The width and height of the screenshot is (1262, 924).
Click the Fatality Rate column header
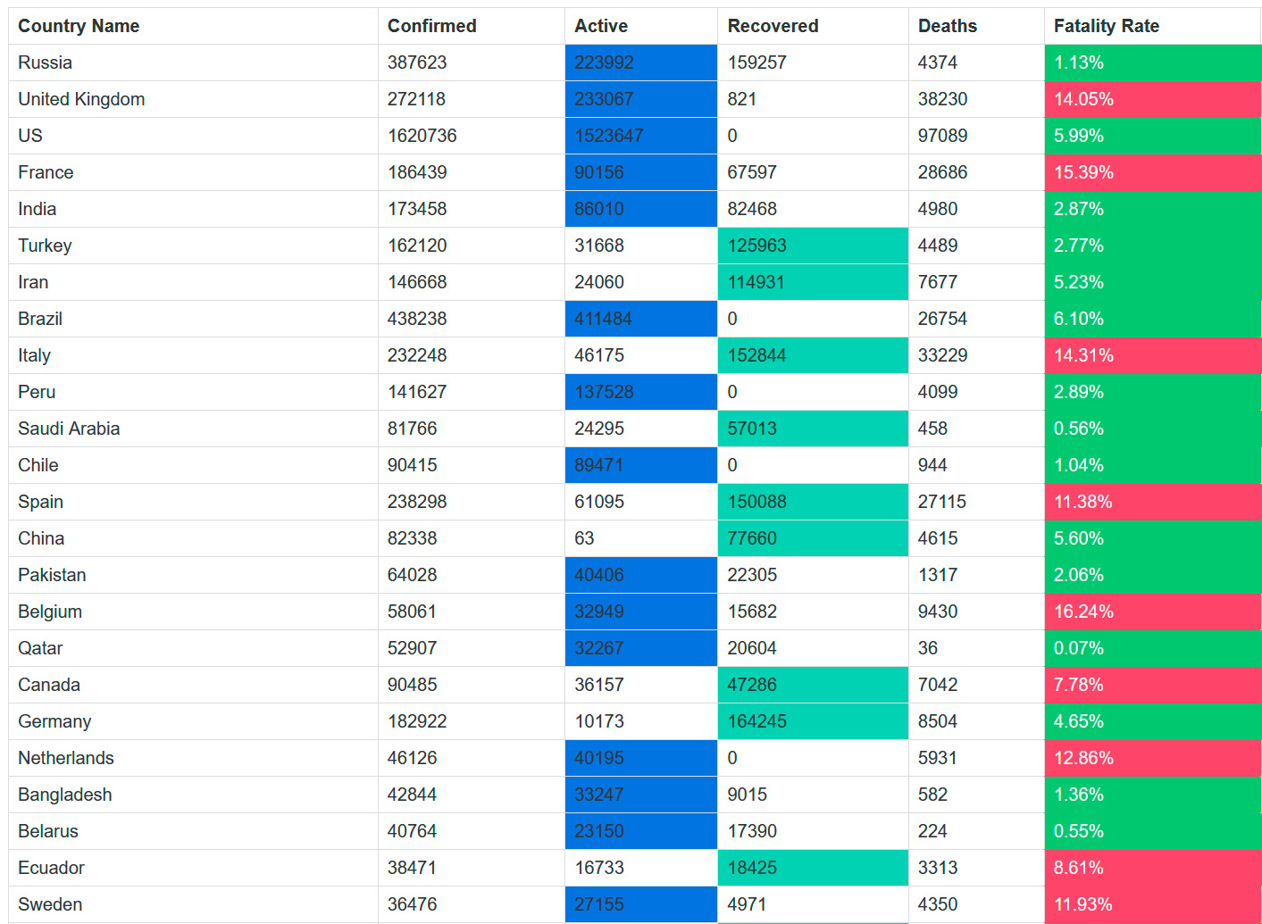point(1106,26)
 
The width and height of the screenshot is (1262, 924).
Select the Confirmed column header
point(431,26)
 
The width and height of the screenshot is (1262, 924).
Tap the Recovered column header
point(773,26)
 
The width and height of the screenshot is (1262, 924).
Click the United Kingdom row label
point(81,99)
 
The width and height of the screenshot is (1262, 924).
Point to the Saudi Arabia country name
point(69,429)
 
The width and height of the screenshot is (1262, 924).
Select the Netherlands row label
point(66,758)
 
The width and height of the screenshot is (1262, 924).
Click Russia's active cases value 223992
point(604,62)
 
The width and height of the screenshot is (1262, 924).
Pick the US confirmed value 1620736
point(422,136)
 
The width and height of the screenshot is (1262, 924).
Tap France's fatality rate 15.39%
point(1083,172)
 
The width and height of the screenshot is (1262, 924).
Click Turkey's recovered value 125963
point(756,246)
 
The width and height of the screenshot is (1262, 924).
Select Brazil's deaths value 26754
point(942,319)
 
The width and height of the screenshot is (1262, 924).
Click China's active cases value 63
point(584,538)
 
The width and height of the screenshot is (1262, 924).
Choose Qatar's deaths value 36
point(928,648)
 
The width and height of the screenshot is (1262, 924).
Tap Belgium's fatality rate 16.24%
point(1083,612)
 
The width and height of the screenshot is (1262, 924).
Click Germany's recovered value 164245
point(756,721)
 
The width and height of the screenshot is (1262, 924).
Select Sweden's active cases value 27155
point(598,904)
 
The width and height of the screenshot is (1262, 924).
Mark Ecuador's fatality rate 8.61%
point(1078,868)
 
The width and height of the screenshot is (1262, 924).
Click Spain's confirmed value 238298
point(417,502)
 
